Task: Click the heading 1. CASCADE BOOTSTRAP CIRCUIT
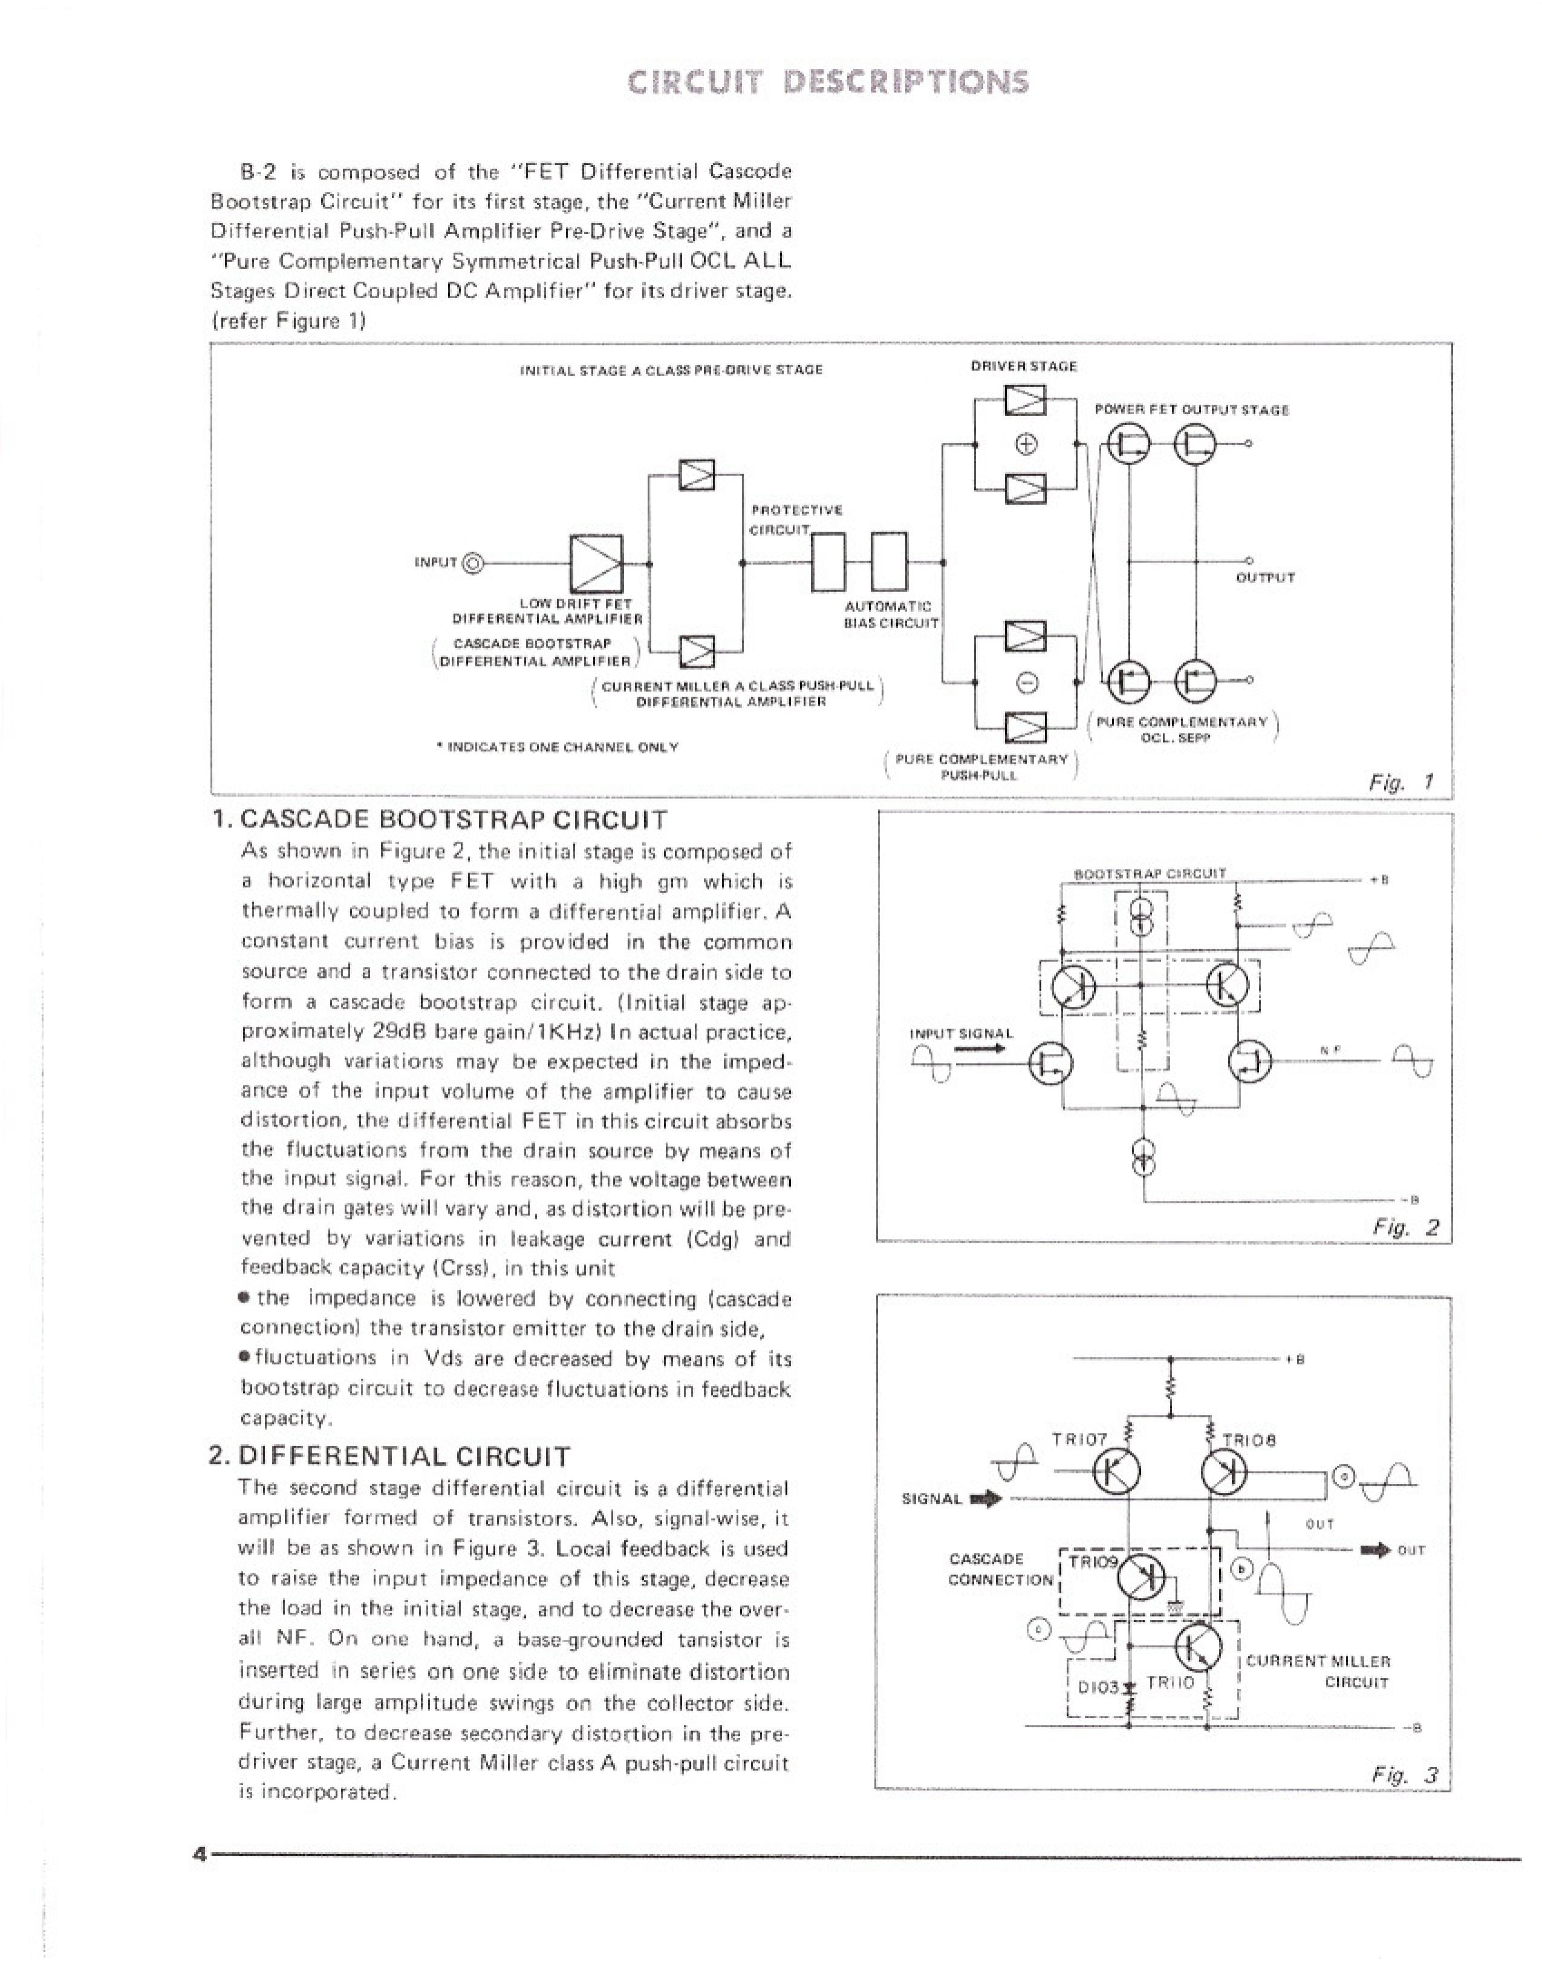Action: click(439, 820)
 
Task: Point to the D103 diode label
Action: click(1098, 1686)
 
